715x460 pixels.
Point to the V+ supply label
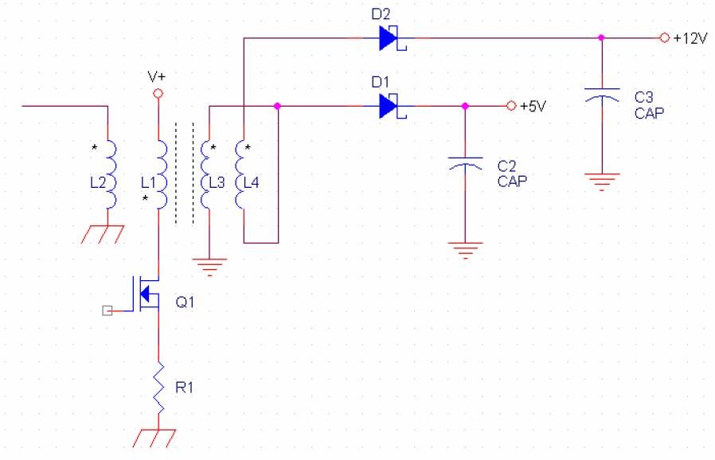coord(157,78)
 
